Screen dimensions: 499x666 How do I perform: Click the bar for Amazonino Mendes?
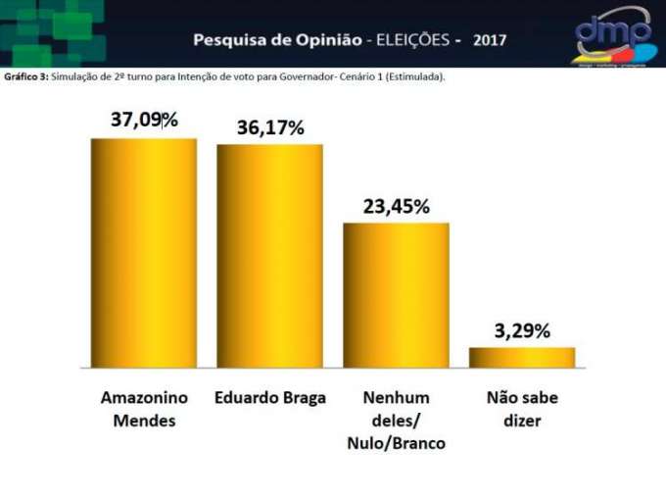click(x=144, y=253)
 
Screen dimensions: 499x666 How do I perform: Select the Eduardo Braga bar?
click(x=269, y=256)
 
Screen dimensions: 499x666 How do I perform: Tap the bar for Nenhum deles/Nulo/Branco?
click(x=396, y=294)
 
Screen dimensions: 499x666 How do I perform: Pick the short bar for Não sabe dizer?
click(x=522, y=357)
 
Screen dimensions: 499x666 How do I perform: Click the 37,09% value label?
click(x=144, y=121)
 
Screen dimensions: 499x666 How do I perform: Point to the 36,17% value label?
click(x=270, y=127)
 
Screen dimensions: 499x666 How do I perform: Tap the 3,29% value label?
click(x=522, y=330)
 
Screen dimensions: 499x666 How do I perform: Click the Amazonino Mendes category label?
click(x=138, y=409)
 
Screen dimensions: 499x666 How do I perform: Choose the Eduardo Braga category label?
click(x=270, y=398)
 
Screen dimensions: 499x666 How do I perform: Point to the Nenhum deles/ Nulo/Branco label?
click(x=396, y=421)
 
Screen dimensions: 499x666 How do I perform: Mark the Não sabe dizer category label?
click(x=522, y=409)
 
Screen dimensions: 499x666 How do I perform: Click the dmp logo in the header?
click(x=612, y=34)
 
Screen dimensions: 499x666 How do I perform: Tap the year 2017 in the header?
click(x=490, y=41)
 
